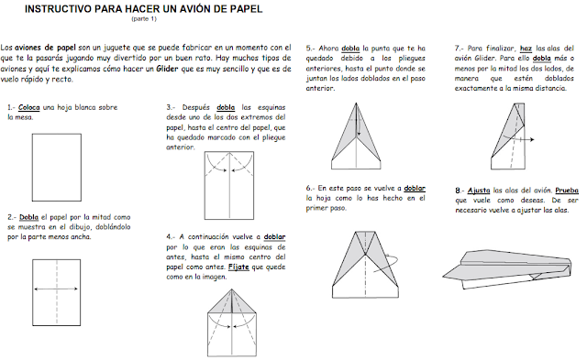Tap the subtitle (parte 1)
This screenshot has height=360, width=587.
pyautogui.click(x=144, y=18)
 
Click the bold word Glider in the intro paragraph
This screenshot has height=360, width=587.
pyautogui.click(x=167, y=69)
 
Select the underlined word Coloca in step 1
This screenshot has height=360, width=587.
pyautogui.click(x=28, y=108)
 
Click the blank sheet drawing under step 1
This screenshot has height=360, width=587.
pyautogui.click(x=57, y=167)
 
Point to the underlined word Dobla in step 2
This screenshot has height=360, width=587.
pyautogui.click(x=28, y=217)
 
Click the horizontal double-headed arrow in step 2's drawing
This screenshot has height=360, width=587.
pyautogui.click(x=56, y=289)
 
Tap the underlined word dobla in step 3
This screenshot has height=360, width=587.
pyautogui.click(x=226, y=108)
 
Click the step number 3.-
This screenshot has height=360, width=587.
pyautogui.click(x=171, y=108)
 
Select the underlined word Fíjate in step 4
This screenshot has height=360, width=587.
pyautogui.click(x=238, y=267)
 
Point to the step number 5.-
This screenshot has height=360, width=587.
pyautogui.click(x=310, y=49)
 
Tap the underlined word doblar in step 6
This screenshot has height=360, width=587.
pyautogui.click(x=415, y=188)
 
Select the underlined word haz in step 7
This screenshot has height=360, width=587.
pyautogui.click(x=526, y=49)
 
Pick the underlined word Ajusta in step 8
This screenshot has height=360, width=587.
pyautogui.click(x=479, y=191)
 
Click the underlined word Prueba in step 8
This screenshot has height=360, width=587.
pyautogui.click(x=567, y=191)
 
